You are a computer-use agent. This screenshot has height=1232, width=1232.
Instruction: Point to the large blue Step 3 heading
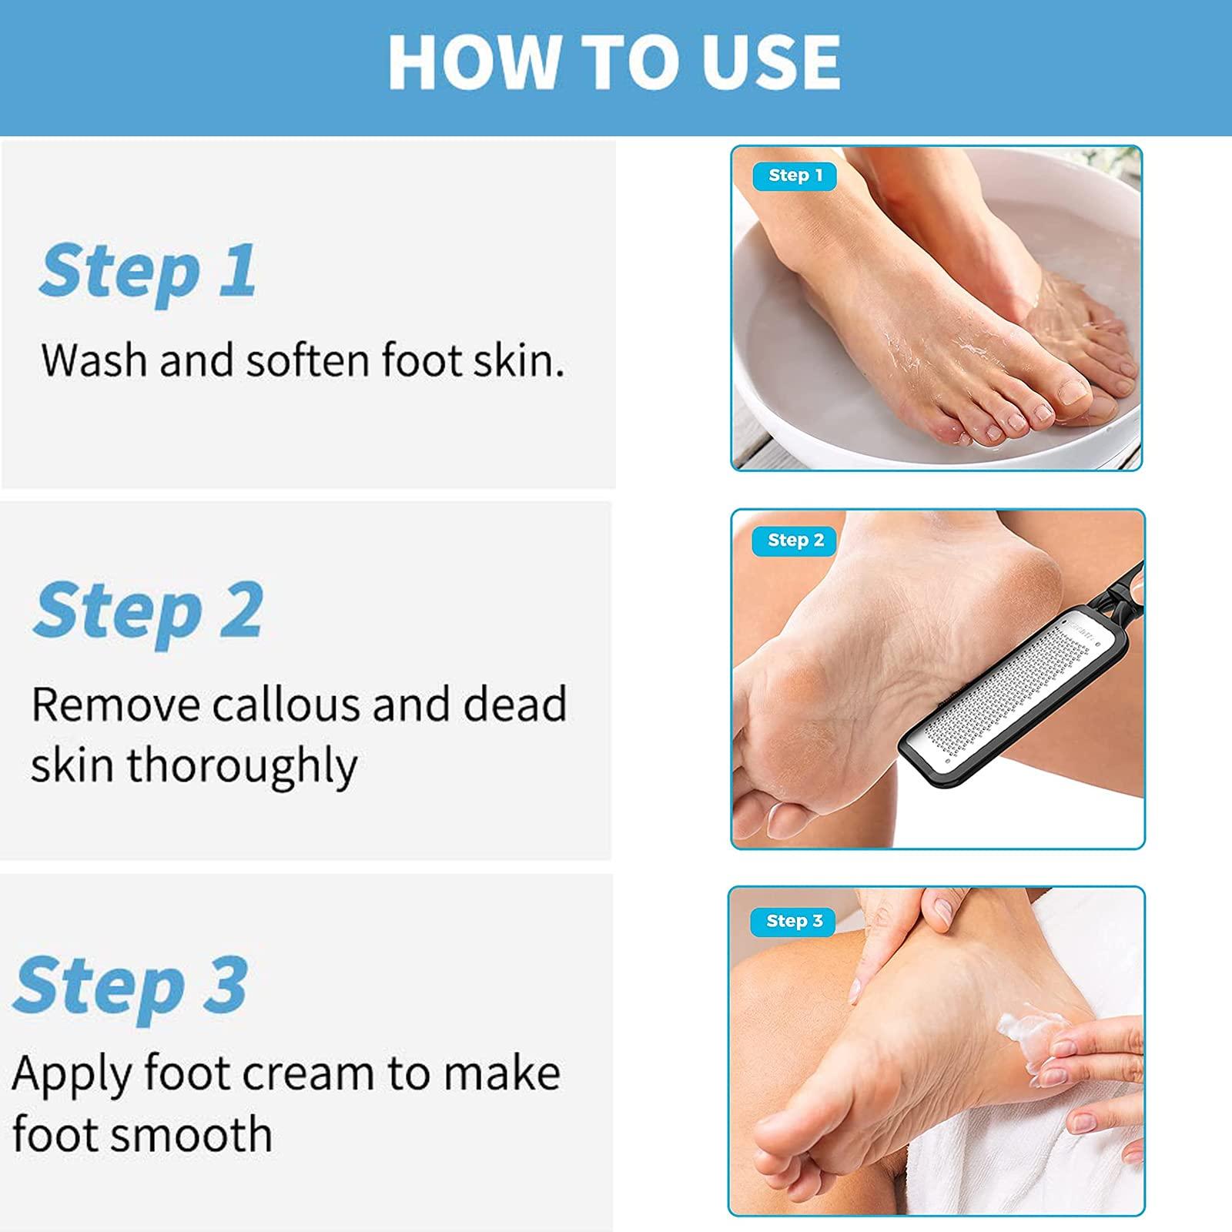click(x=130, y=986)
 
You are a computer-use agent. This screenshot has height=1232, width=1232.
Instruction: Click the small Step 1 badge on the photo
click(x=795, y=176)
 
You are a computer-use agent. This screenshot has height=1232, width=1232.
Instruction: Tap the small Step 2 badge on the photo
click(x=795, y=541)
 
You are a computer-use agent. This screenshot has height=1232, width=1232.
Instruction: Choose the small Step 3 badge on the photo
click(x=794, y=921)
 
